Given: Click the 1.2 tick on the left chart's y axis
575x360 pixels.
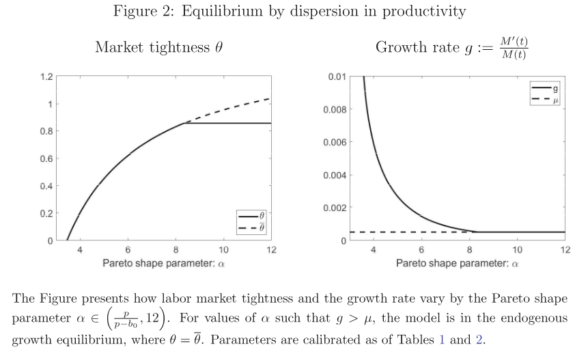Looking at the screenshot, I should [46, 77].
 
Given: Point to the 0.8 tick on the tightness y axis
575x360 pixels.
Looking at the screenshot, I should [46, 131].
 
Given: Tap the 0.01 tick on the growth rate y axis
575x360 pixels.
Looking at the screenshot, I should [336, 77].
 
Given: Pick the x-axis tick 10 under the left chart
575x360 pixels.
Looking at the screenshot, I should [223, 250].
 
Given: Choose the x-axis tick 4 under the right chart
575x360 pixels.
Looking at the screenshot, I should [374, 250].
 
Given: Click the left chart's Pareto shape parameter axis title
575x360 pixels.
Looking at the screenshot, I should [163, 263].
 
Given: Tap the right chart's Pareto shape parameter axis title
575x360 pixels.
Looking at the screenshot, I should [457, 263].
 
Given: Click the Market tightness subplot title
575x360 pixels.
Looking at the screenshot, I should [158, 47].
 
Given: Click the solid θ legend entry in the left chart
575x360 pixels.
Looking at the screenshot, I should [251, 218].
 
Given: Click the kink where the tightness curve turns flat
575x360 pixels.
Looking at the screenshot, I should [185, 123].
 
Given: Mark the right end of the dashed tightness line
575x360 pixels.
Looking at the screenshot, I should [271, 98].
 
